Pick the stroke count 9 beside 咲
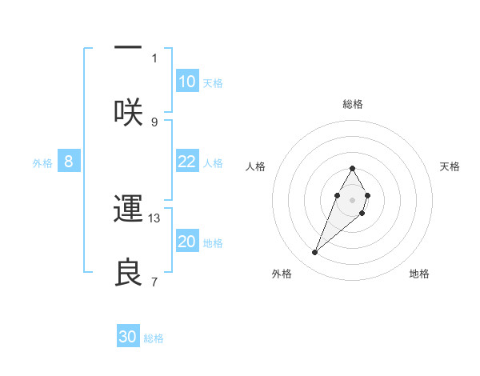click(x=154, y=122)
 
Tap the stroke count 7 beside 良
click(x=154, y=282)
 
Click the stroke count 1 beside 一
click(x=154, y=58)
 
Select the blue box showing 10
click(x=187, y=82)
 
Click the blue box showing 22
click(x=187, y=162)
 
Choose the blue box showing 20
click(x=187, y=242)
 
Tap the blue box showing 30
click(x=128, y=337)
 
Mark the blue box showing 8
click(x=69, y=162)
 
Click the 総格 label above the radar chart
click(x=353, y=104)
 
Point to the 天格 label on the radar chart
click(x=450, y=166)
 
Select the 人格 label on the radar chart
click(x=256, y=166)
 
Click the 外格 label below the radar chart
click(x=282, y=274)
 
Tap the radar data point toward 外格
click(x=315, y=253)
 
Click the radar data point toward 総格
click(x=352, y=168)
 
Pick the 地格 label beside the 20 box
click(x=213, y=242)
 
